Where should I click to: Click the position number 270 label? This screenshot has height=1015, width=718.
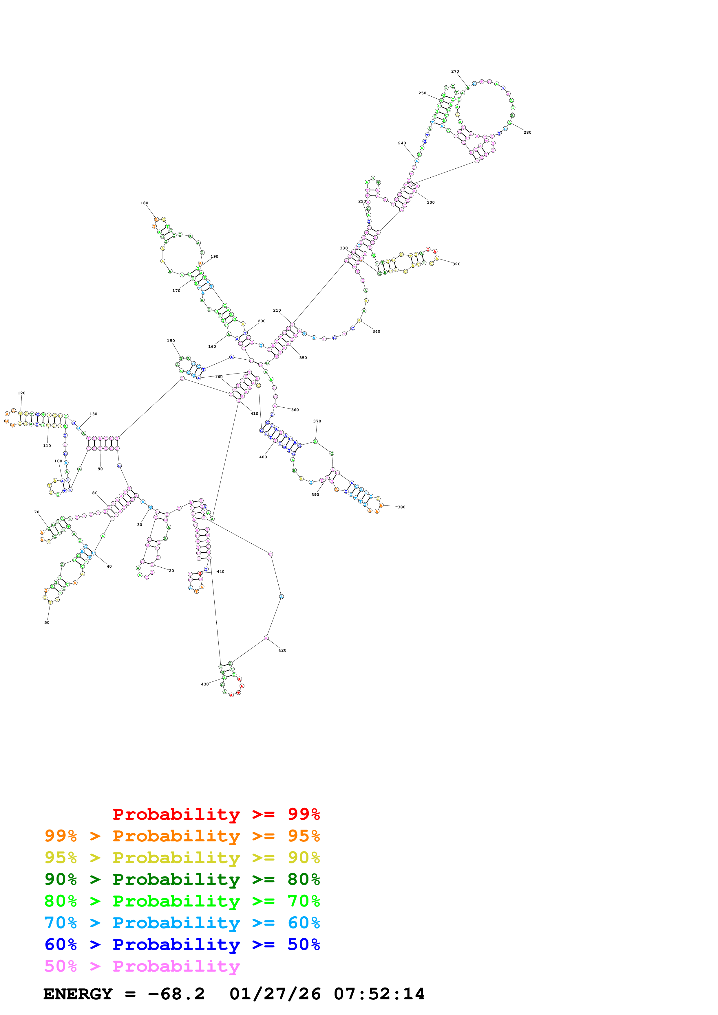point(455,71)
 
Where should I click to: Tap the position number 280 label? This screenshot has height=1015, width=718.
point(527,132)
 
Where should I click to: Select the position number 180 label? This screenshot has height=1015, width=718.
point(144,203)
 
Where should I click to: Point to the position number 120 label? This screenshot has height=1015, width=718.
point(21,393)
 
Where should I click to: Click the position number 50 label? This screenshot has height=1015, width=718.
point(47,622)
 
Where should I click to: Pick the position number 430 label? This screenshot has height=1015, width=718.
point(205,684)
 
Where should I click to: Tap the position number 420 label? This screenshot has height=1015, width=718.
point(282,650)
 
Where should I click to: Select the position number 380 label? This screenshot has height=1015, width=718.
point(401,507)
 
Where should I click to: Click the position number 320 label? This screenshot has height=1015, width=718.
point(456,264)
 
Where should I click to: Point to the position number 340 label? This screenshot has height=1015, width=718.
point(376,331)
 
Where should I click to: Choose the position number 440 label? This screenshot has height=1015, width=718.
point(220,572)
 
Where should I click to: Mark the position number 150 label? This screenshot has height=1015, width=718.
point(171,341)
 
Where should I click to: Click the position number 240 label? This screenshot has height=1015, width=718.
point(402,143)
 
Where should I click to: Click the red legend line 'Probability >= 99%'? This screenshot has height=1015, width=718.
point(216,814)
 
